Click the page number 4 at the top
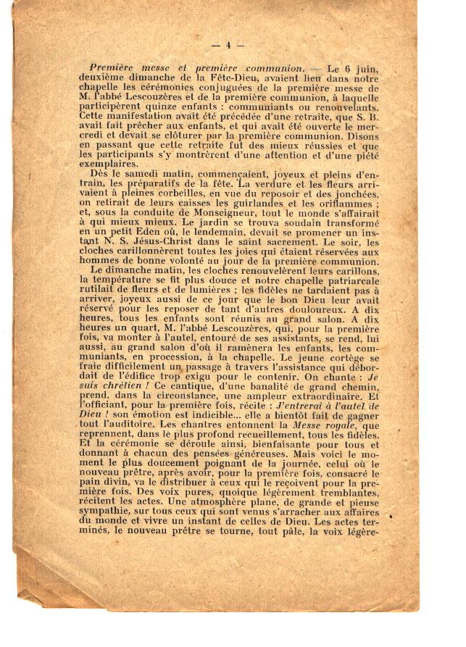point(228,45)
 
